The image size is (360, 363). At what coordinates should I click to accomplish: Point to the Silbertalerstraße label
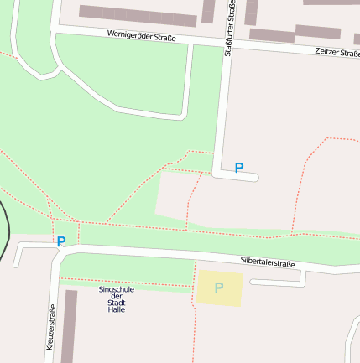click(x=268, y=262)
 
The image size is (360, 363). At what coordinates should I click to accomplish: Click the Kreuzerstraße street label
click(x=51, y=328)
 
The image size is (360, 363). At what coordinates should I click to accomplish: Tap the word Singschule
click(x=117, y=289)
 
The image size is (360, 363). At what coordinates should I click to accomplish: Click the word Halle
click(x=117, y=309)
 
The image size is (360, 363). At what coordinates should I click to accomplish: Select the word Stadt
click(x=117, y=303)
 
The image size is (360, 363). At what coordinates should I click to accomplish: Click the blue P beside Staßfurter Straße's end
click(x=239, y=168)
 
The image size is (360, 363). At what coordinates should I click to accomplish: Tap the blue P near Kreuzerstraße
click(x=60, y=241)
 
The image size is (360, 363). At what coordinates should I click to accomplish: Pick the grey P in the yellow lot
click(x=219, y=288)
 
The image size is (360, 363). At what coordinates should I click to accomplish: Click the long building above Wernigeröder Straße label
click(x=138, y=15)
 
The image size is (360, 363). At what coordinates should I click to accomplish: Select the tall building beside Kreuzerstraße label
click(x=69, y=327)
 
